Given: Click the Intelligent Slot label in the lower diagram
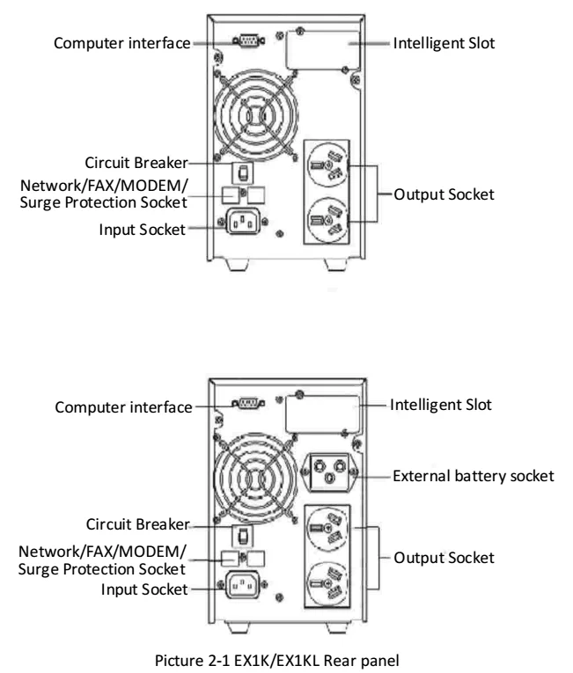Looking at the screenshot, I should click(440, 406).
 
